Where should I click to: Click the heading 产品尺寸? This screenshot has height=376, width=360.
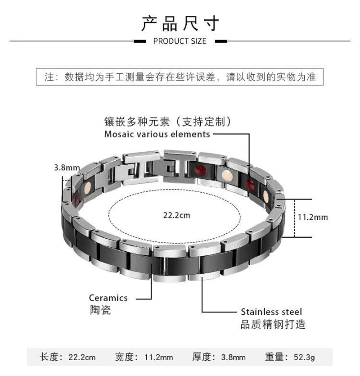[180, 23]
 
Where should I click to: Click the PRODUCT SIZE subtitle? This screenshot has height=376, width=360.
[180, 41]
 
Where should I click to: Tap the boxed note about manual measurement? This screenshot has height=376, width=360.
[180, 77]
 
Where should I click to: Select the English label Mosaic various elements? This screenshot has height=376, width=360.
[157, 134]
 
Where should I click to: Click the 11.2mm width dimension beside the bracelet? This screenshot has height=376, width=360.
[313, 217]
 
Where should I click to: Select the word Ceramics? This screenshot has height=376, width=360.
[108, 298]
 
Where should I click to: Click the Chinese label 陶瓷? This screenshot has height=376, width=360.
[99, 310]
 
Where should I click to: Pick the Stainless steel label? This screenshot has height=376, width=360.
[271, 312]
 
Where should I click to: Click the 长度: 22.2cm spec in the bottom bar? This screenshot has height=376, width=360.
[68, 358]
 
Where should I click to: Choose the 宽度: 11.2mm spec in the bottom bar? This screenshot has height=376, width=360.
[144, 358]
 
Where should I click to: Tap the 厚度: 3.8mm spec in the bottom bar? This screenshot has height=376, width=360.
[219, 358]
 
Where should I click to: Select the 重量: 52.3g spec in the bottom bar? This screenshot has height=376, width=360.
[290, 358]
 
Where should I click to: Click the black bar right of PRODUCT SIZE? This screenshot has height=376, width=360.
[220, 41]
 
